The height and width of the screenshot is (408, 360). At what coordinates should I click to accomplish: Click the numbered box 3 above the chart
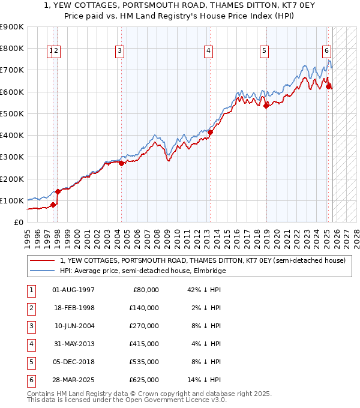(120, 51)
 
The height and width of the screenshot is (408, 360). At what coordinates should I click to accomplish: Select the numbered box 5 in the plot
(264, 51)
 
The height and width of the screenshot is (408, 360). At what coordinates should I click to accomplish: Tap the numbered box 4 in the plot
(208, 51)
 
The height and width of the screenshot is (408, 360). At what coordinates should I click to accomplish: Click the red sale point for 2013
(211, 133)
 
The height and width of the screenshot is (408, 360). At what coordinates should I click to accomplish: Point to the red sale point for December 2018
(266, 106)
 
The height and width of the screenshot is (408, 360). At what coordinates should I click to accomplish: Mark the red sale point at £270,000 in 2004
(121, 163)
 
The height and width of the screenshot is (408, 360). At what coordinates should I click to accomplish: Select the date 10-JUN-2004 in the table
(73, 326)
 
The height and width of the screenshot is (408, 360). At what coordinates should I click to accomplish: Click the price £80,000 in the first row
(145, 290)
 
